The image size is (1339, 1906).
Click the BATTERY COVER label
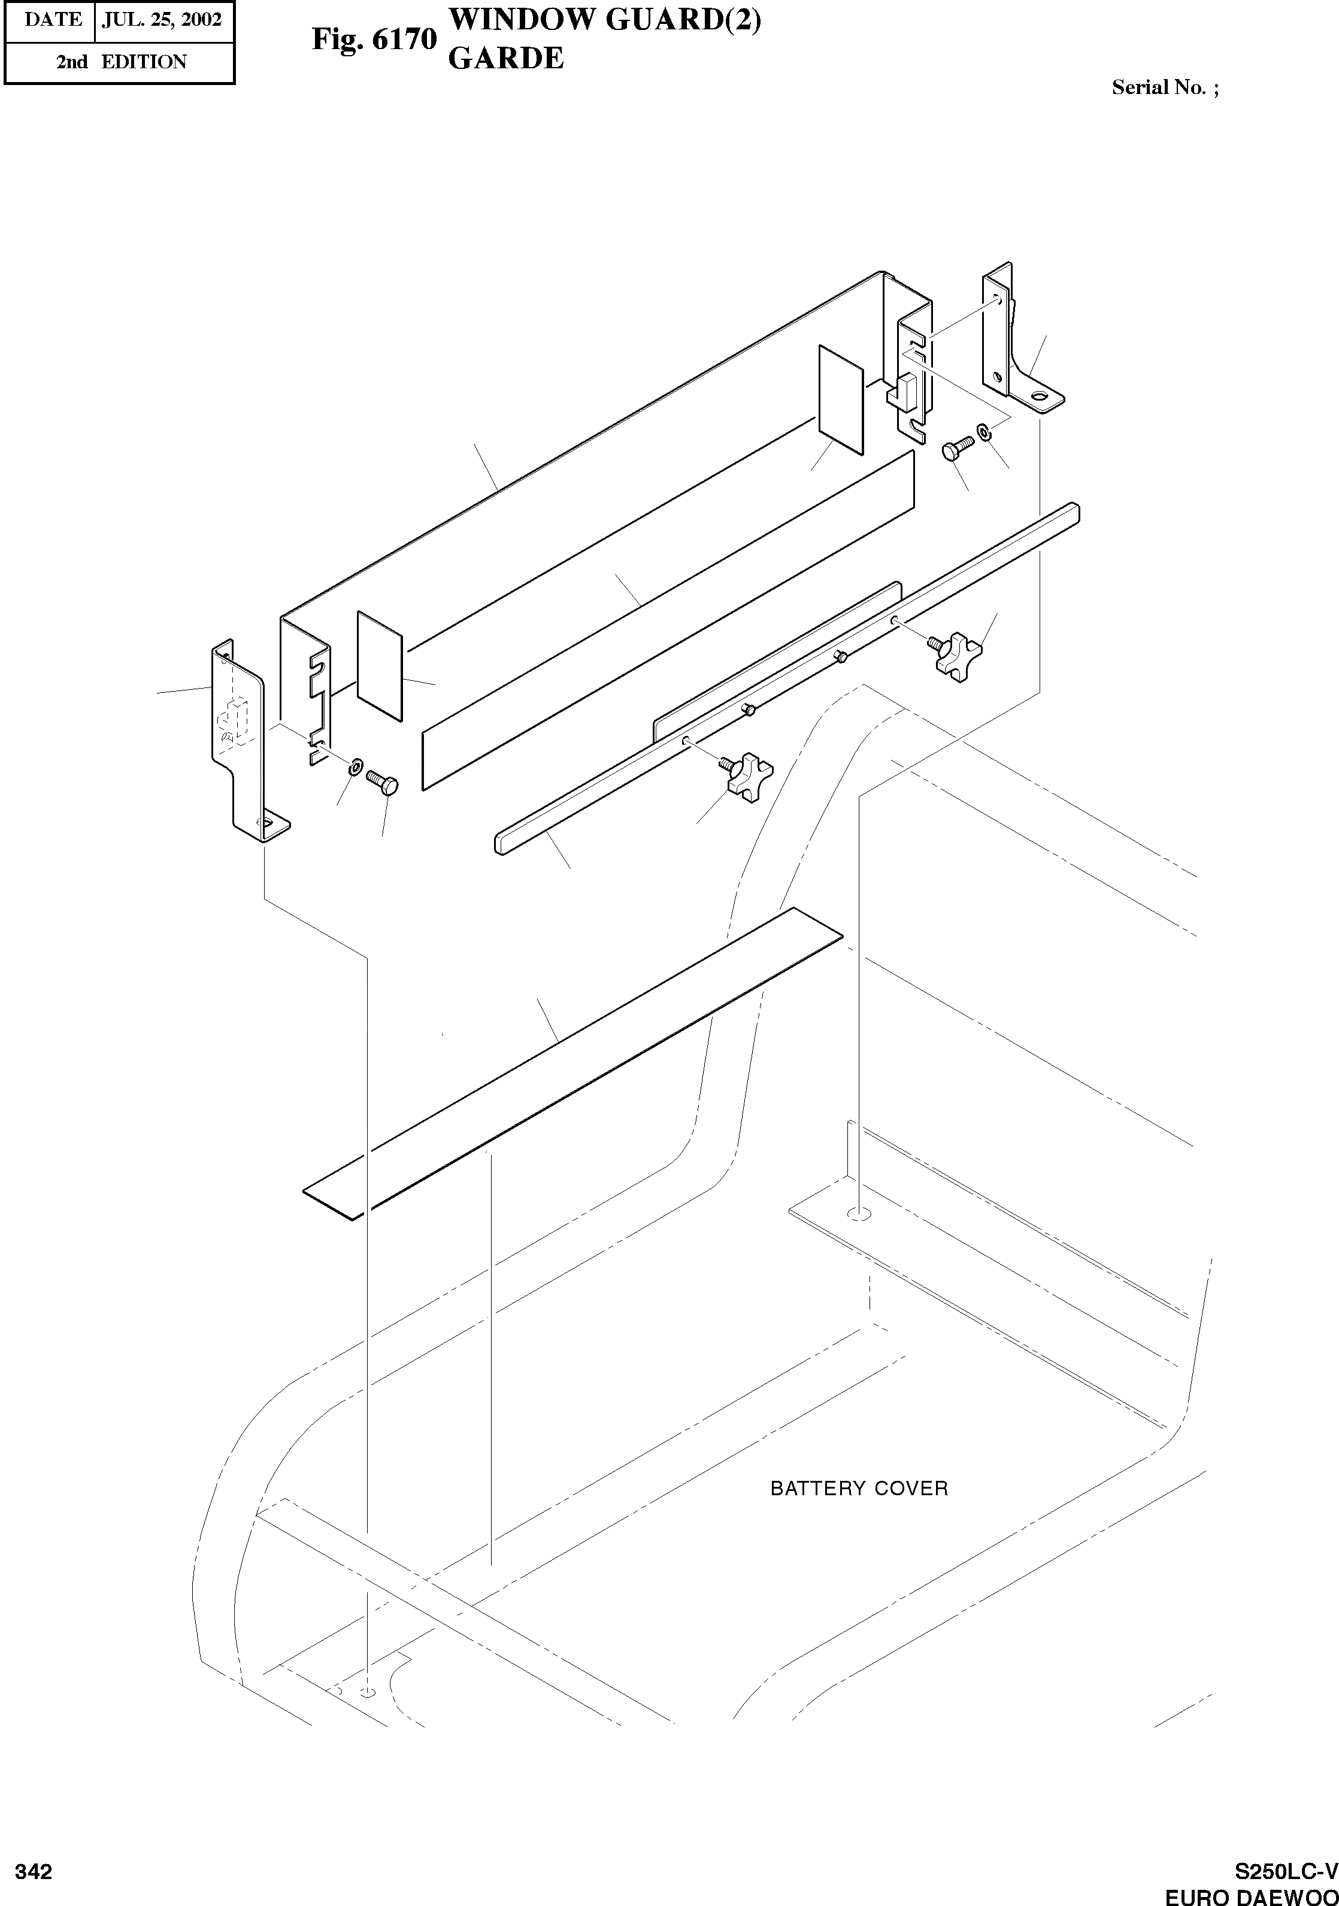pos(858,1489)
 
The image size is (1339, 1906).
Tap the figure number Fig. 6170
pos(374,39)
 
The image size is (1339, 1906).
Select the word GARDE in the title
pos(505,58)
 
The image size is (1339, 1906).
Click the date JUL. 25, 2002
pos(162,20)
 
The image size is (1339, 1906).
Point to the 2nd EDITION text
pos(121,62)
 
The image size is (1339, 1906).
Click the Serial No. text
pos(1165,88)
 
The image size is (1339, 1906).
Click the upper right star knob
pos(959,655)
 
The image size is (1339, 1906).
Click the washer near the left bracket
pos(356,763)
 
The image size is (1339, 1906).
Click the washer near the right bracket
pos(984,432)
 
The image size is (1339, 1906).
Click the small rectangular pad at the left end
pos(380,665)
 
